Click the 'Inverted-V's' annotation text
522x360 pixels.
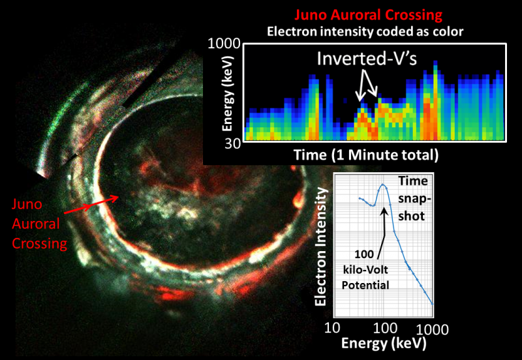pyautogui.click(x=368, y=59)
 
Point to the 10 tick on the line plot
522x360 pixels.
pyautogui.click(x=333, y=327)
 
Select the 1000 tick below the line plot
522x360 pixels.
pyautogui.click(x=432, y=327)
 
